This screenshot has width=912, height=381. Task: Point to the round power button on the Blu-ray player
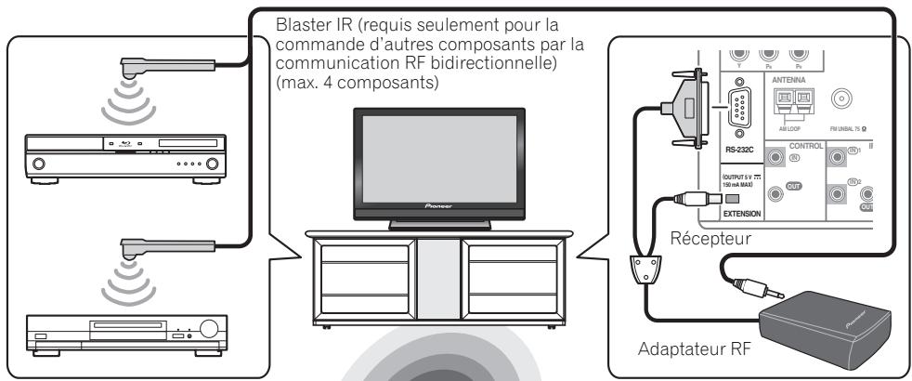pos(39,164)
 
